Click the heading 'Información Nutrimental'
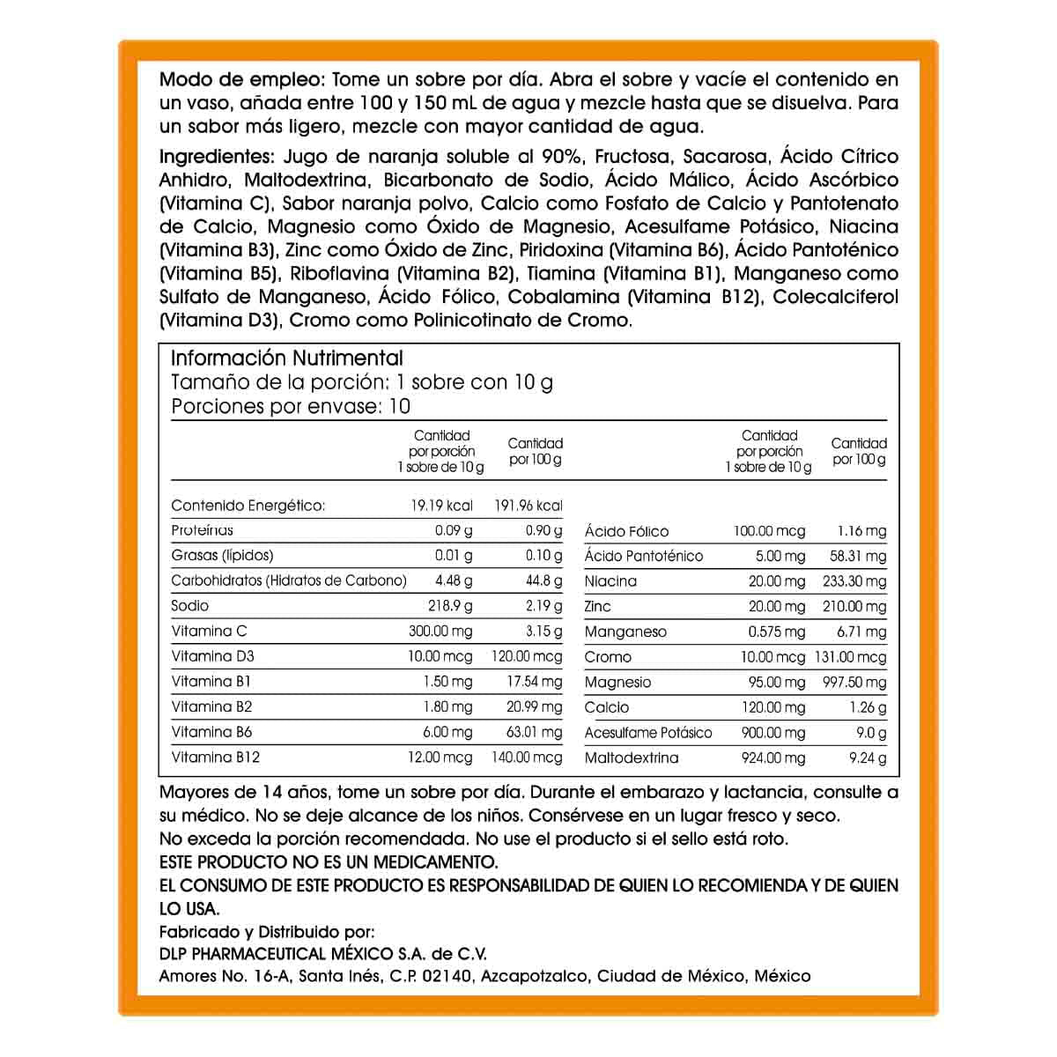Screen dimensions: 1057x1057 point(286,358)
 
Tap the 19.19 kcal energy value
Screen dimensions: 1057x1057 point(441,506)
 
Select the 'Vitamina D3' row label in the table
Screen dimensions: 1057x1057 point(213,656)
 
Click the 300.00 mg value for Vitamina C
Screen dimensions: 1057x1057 point(440,631)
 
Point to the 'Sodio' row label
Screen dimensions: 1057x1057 point(190,606)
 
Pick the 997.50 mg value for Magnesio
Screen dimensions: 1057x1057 point(853,683)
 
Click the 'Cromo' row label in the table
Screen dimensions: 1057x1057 point(608,657)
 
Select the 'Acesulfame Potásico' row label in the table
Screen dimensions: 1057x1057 point(648,733)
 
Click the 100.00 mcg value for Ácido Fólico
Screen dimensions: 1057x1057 point(769,531)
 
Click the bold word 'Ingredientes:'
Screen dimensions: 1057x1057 point(218,157)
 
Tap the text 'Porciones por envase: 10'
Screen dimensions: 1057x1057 point(291,407)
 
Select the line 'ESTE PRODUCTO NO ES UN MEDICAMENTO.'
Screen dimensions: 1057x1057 point(329,861)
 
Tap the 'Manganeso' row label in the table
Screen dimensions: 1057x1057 point(625,632)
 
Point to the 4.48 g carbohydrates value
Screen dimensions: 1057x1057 point(454,580)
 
